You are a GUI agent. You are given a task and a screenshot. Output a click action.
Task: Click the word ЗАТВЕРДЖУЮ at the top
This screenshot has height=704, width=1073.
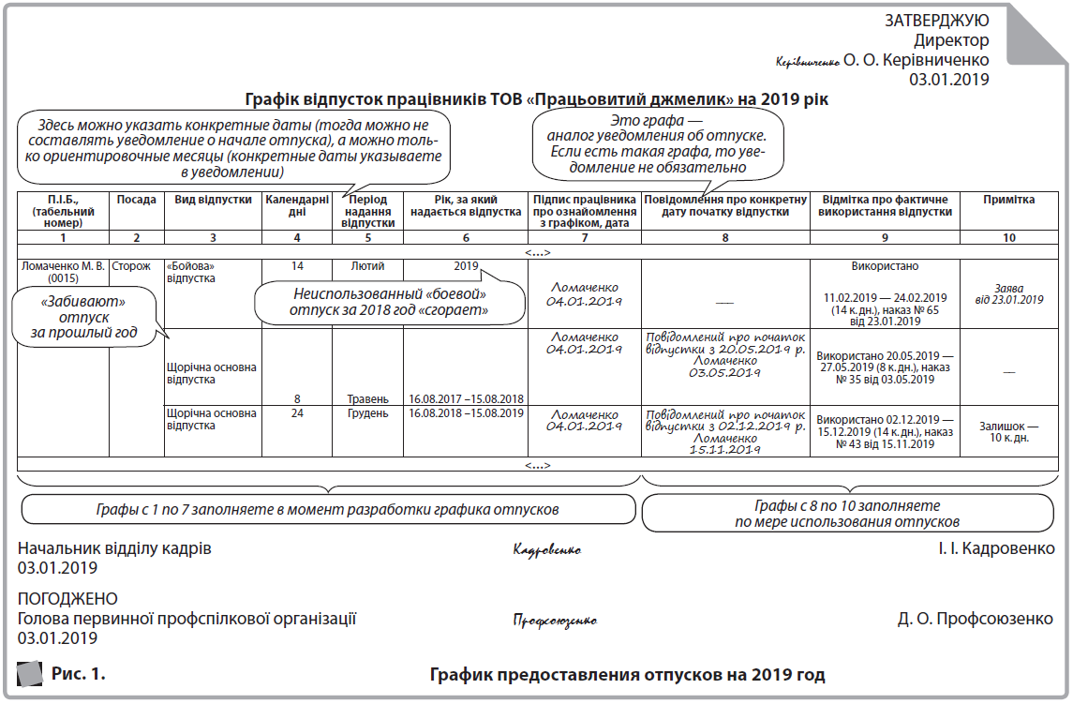click(936, 21)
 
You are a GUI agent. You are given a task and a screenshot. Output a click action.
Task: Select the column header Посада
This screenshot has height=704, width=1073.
click(136, 200)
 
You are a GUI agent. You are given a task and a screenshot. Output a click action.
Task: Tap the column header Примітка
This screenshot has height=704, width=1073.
click(1008, 200)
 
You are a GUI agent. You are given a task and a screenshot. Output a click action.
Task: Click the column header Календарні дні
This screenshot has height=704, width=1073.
click(296, 205)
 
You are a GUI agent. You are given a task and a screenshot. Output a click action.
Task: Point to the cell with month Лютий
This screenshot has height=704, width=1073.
click(366, 266)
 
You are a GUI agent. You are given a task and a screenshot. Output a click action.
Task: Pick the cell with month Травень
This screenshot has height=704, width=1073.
click(367, 398)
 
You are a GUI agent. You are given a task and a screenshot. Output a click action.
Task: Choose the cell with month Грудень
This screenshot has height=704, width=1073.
click(366, 413)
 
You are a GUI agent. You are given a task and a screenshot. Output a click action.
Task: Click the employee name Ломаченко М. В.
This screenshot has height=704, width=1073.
click(63, 266)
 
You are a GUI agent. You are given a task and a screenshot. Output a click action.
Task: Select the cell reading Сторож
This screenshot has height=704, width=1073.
click(131, 266)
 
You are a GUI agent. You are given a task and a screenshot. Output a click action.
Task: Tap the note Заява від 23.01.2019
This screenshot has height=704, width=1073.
click(1008, 293)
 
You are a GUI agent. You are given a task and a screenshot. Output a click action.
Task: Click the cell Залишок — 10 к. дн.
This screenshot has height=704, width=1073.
click(1008, 431)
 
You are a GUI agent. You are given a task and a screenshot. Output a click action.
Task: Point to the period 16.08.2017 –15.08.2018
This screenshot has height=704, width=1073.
click(466, 398)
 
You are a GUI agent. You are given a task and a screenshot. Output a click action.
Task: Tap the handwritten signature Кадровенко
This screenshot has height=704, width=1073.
click(548, 550)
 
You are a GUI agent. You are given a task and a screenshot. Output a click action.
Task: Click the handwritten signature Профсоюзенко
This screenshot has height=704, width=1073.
click(555, 621)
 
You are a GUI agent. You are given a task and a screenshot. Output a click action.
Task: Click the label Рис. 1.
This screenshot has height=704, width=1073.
click(79, 673)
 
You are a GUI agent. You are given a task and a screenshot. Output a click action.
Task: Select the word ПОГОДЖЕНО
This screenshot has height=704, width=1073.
click(67, 598)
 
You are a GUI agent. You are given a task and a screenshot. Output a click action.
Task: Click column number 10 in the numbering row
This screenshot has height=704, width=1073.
click(1008, 237)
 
